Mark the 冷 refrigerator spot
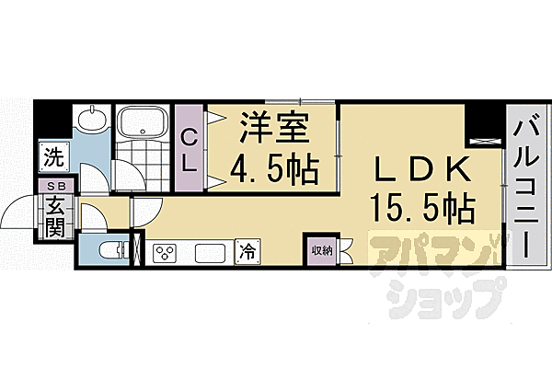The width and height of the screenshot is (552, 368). point(246,248)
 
